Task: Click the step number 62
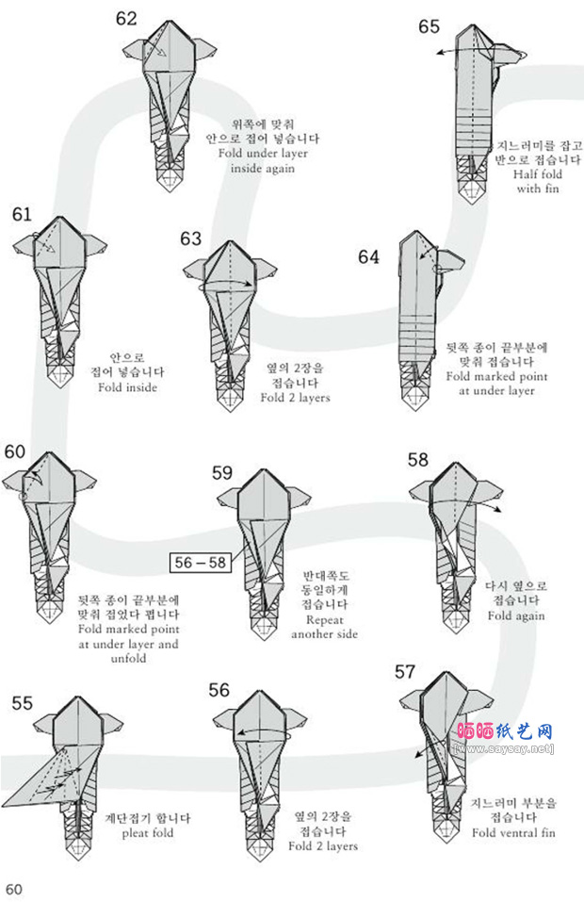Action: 126,19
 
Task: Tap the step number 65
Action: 429,26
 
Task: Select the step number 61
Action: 22,215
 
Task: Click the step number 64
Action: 369,256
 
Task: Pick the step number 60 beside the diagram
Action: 14,451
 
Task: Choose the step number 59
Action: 222,473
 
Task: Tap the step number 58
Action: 417,460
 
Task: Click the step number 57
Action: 405,672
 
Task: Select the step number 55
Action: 23,703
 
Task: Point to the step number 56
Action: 219,691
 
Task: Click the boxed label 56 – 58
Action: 200,563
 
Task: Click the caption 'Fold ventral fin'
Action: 513,832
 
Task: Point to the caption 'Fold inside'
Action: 127,387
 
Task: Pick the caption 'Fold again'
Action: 515,615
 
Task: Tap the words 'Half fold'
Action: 538,174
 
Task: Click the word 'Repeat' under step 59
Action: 325,620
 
